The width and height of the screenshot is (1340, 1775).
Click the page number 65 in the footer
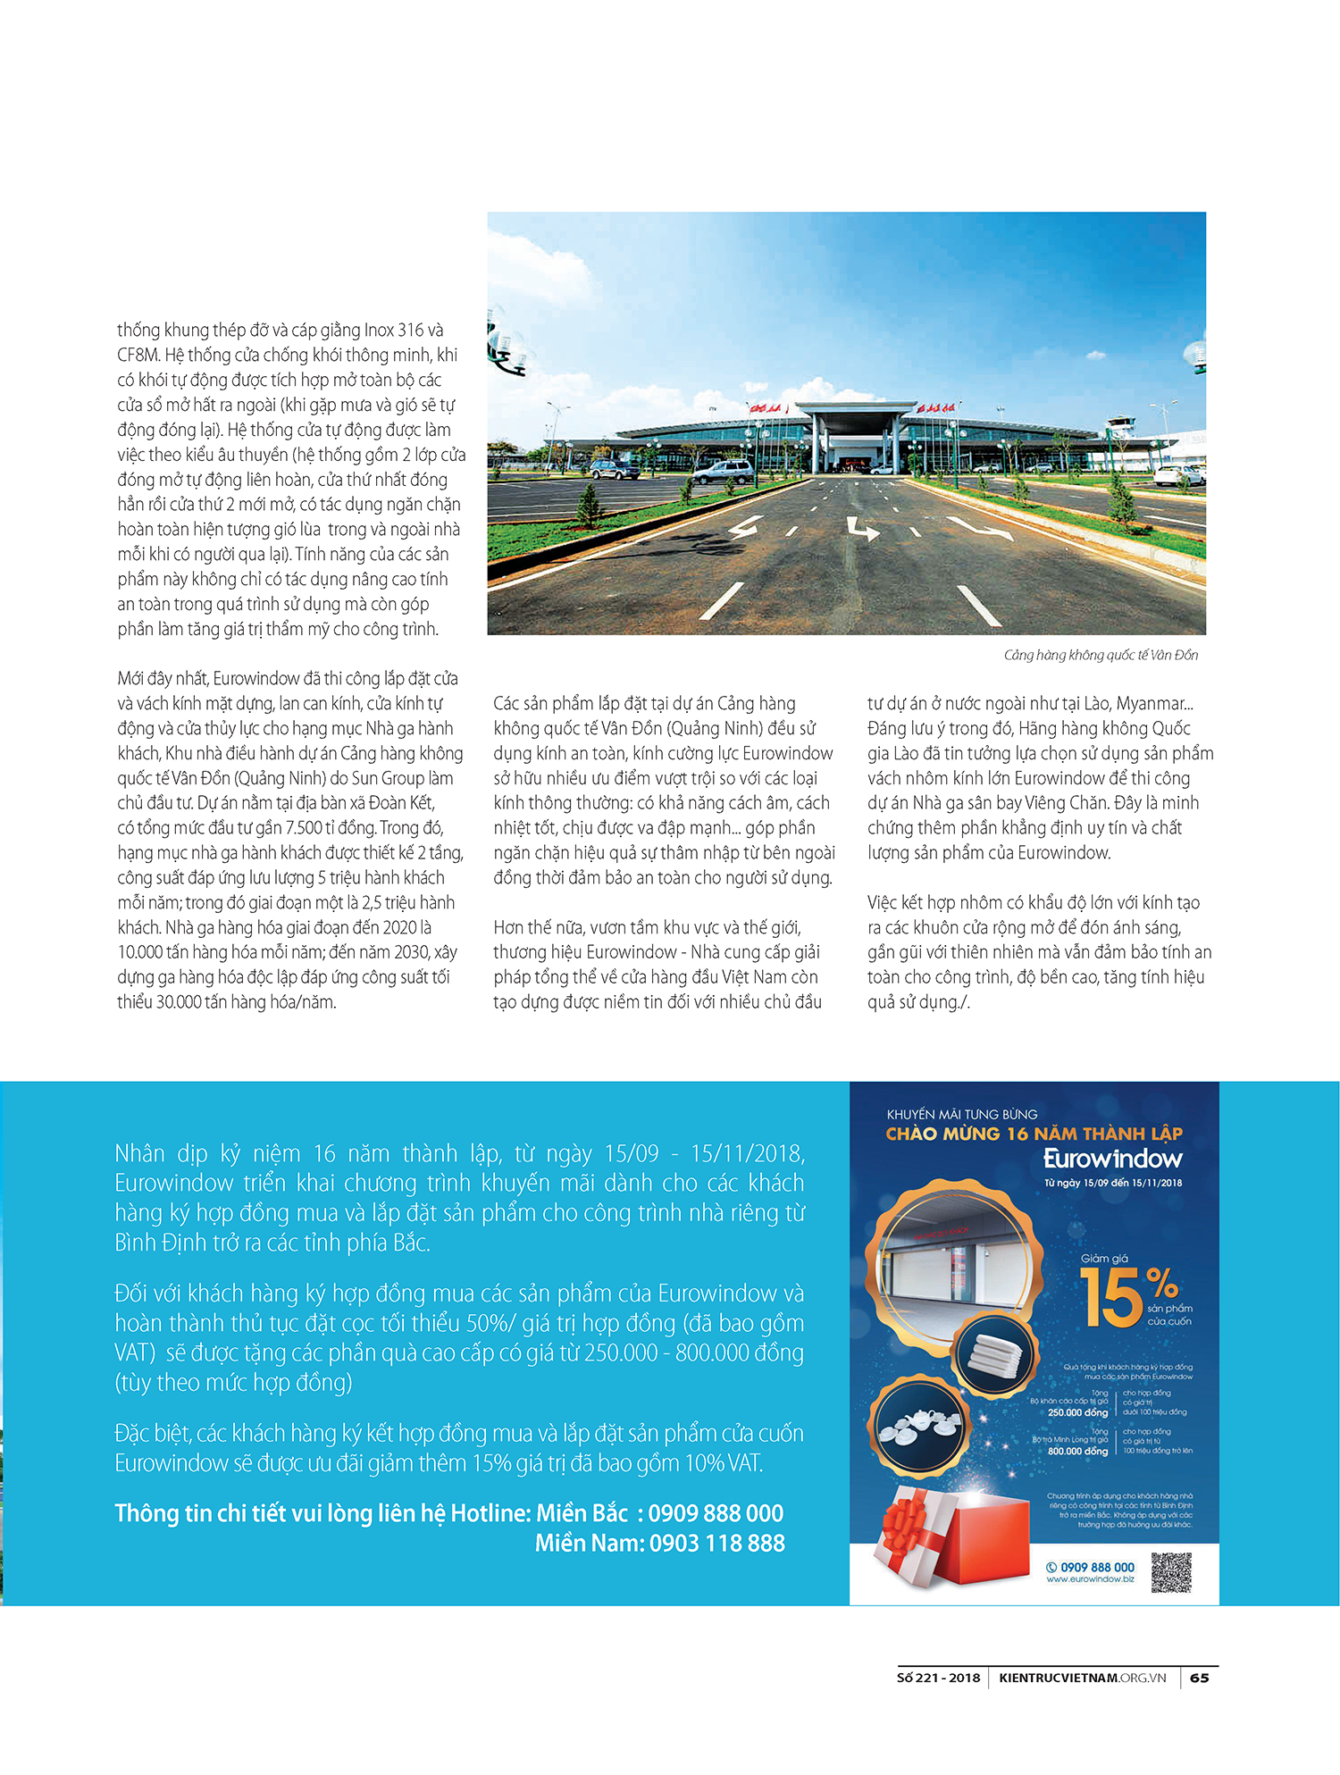click(1199, 1678)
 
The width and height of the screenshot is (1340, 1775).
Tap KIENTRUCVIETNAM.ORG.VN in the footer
click(1082, 1678)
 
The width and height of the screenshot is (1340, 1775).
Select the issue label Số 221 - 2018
click(938, 1678)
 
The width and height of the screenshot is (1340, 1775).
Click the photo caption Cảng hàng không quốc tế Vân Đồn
click(1101, 655)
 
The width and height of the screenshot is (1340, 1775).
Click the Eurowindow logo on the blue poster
click(1112, 1160)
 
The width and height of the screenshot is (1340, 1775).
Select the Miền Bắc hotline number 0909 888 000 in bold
click(716, 1513)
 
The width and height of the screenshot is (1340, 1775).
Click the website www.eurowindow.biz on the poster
click(1090, 1579)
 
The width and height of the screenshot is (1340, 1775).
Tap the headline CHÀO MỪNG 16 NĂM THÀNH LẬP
click(1034, 1134)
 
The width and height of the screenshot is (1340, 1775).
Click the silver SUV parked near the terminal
click(723, 471)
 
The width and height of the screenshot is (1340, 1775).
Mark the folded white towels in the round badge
click(992, 1355)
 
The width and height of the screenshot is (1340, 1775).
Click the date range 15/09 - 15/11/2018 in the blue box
click(704, 1154)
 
